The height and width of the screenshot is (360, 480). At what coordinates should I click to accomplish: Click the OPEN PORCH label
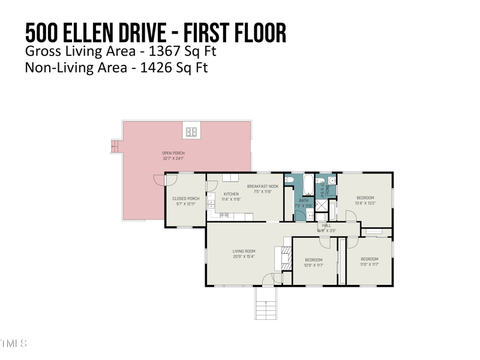click(173, 153)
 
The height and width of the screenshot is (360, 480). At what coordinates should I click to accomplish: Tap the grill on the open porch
click(191, 131)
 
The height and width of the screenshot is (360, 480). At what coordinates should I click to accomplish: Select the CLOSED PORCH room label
click(185, 199)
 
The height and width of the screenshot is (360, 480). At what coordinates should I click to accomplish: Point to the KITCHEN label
click(231, 194)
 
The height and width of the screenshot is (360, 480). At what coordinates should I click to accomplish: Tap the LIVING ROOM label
click(244, 251)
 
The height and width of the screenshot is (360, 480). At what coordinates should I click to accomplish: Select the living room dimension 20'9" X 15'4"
click(244, 256)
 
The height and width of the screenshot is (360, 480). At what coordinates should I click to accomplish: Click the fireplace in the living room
click(281, 257)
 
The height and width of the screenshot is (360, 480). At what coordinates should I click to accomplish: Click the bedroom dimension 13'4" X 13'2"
click(365, 203)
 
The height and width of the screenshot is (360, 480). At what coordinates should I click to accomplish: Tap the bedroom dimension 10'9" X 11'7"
click(314, 265)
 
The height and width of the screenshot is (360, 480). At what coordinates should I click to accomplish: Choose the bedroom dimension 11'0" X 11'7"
click(370, 264)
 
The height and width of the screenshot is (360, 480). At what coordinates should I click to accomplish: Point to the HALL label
click(326, 225)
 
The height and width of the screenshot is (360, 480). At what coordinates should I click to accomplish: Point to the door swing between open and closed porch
click(158, 179)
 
